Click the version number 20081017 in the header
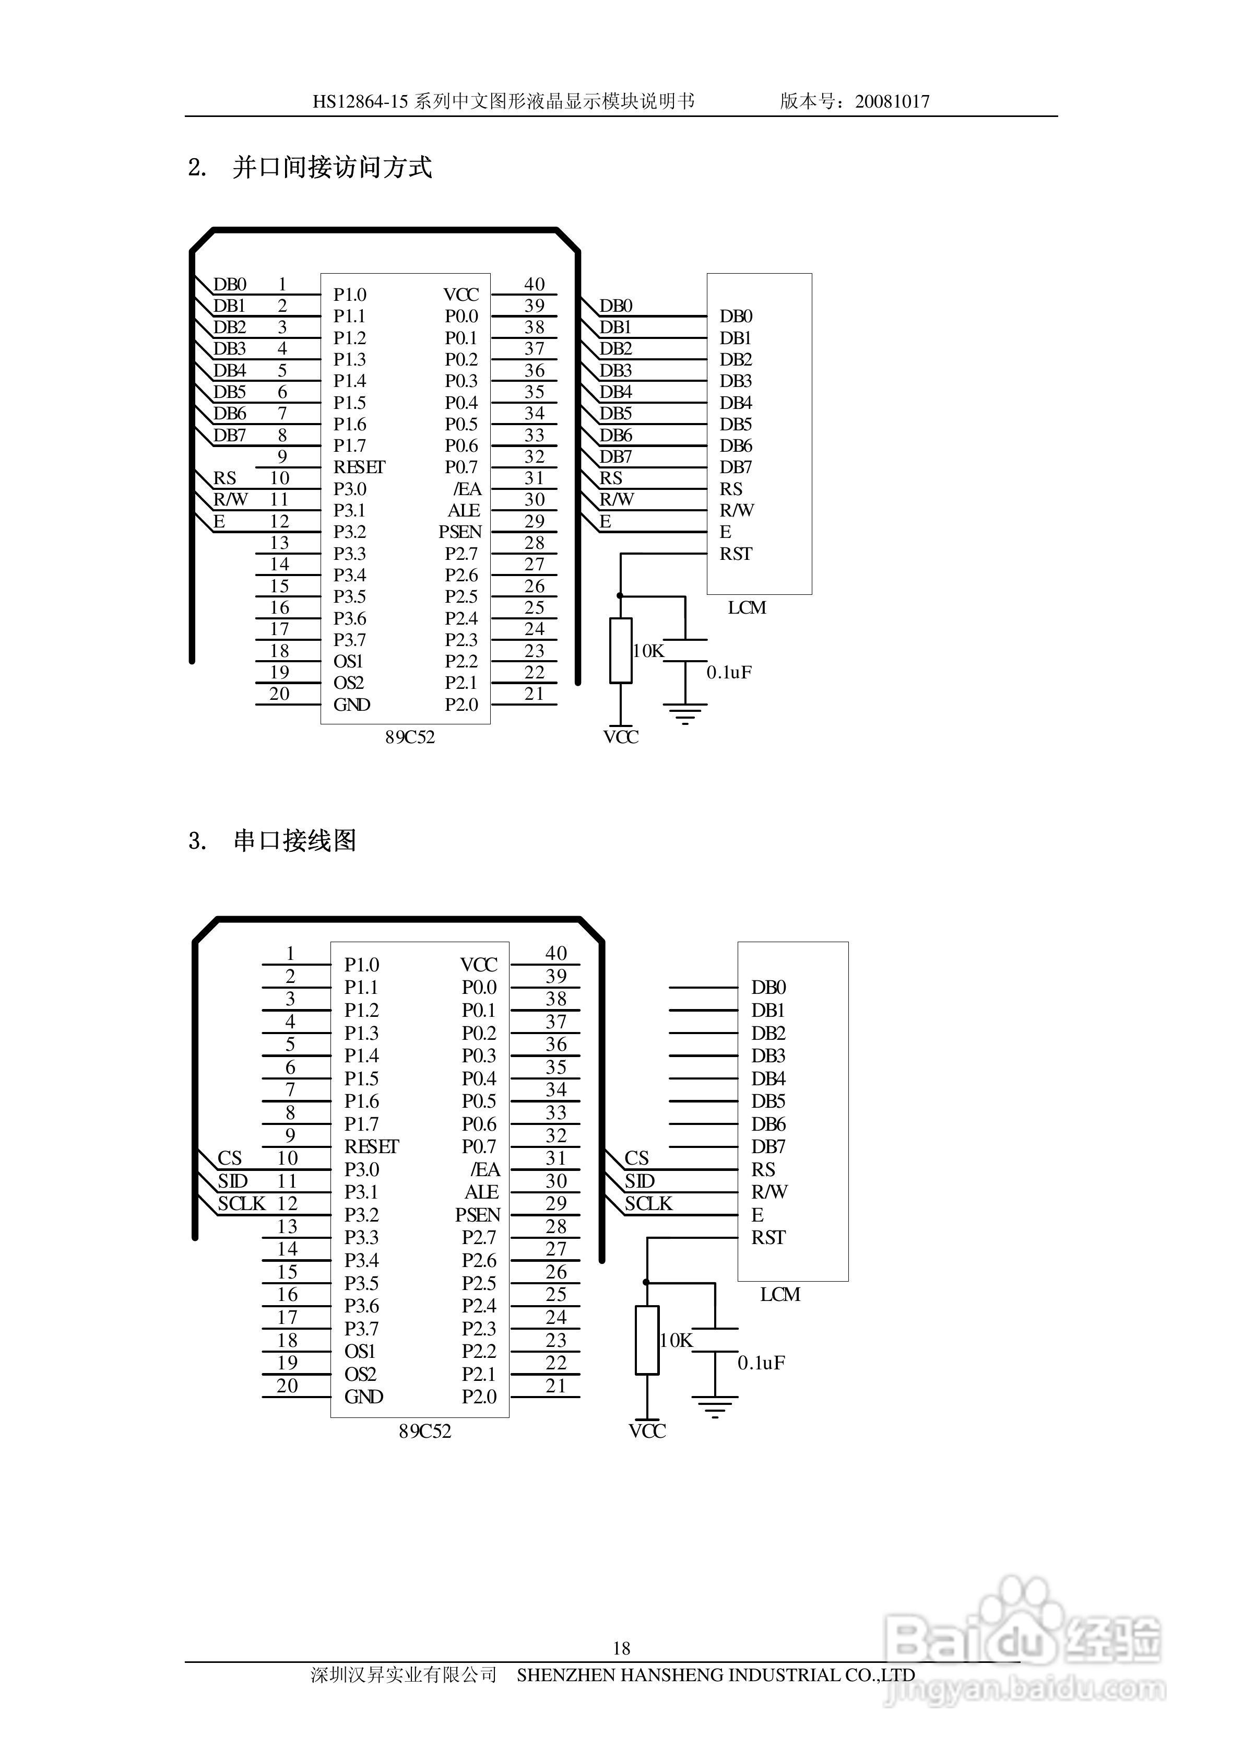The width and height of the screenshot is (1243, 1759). pyautogui.click(x=892, y=101)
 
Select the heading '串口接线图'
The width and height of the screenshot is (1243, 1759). pyautogui.click(x=295, y=840)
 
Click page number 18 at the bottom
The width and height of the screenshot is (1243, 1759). pyautogui.click(x=622, y=1648)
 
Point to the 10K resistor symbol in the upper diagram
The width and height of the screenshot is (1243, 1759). pyautogui.click(x=620, y=650)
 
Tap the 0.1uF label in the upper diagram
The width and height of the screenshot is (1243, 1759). pyautogui.click(x=729, y=672)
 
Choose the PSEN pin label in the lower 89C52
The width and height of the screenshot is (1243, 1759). pyautogui.click(x=477, y=1215)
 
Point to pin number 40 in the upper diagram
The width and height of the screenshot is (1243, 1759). pyautogui.click(x=535, y=284)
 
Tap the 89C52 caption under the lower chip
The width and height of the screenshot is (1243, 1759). pyautogui.click(x=425, y=1431)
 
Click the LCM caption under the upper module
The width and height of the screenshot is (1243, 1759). pyautogui.click(x=747, y=607)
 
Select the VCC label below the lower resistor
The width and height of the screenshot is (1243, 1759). pyautogui.click(x=647, y=1431)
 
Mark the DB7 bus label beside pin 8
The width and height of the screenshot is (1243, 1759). pyautogui.click(x=230, y=435)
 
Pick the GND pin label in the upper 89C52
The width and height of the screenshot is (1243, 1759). pyautogui.click(x=351, y=705)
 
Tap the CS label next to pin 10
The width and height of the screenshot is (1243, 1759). pyautogui.click(x=230, y=1157)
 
